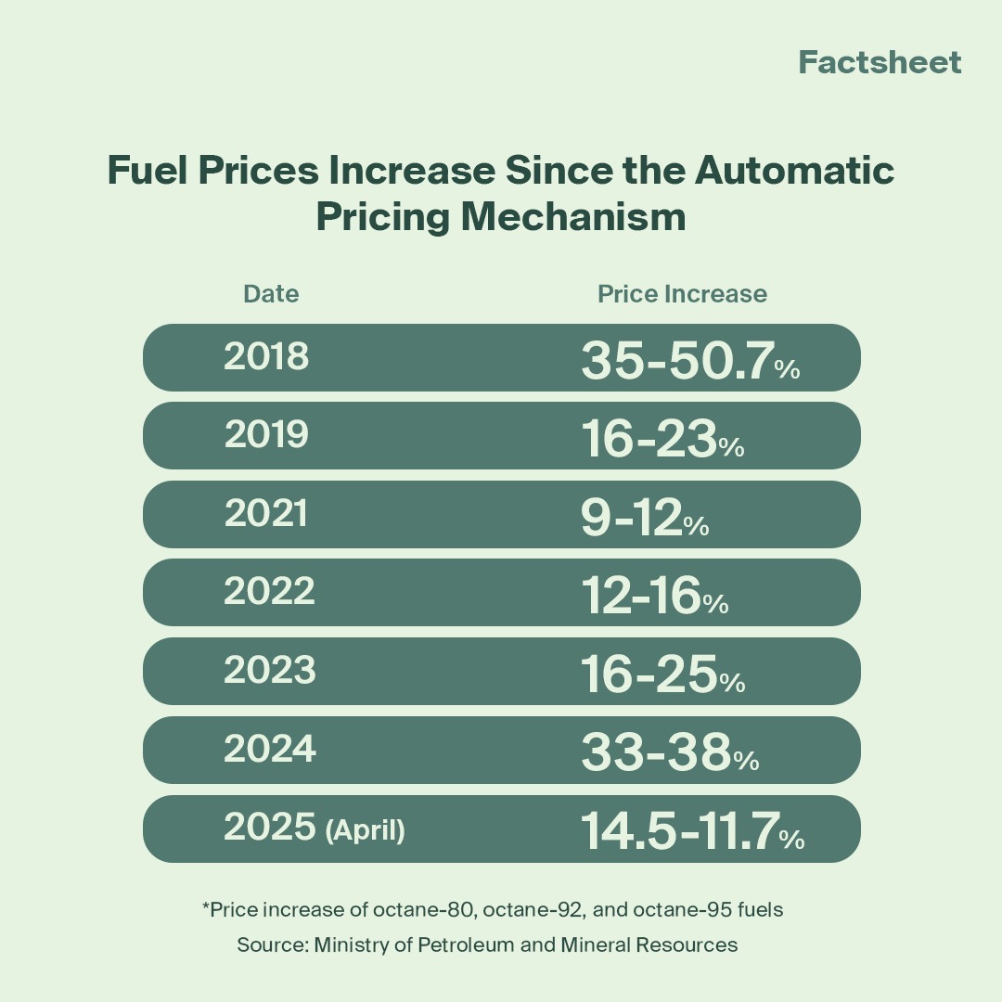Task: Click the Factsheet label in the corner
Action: (880, 62)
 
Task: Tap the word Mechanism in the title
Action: (573, 217)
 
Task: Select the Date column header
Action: (271, 294)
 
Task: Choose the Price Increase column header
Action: (682, 294)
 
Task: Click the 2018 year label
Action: (266, 357)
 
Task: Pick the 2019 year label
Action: (266, 435)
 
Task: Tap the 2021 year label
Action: (265, 514)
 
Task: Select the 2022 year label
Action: (269, 592)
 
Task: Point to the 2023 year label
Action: (269, 671)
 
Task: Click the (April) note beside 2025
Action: (366, 829)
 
